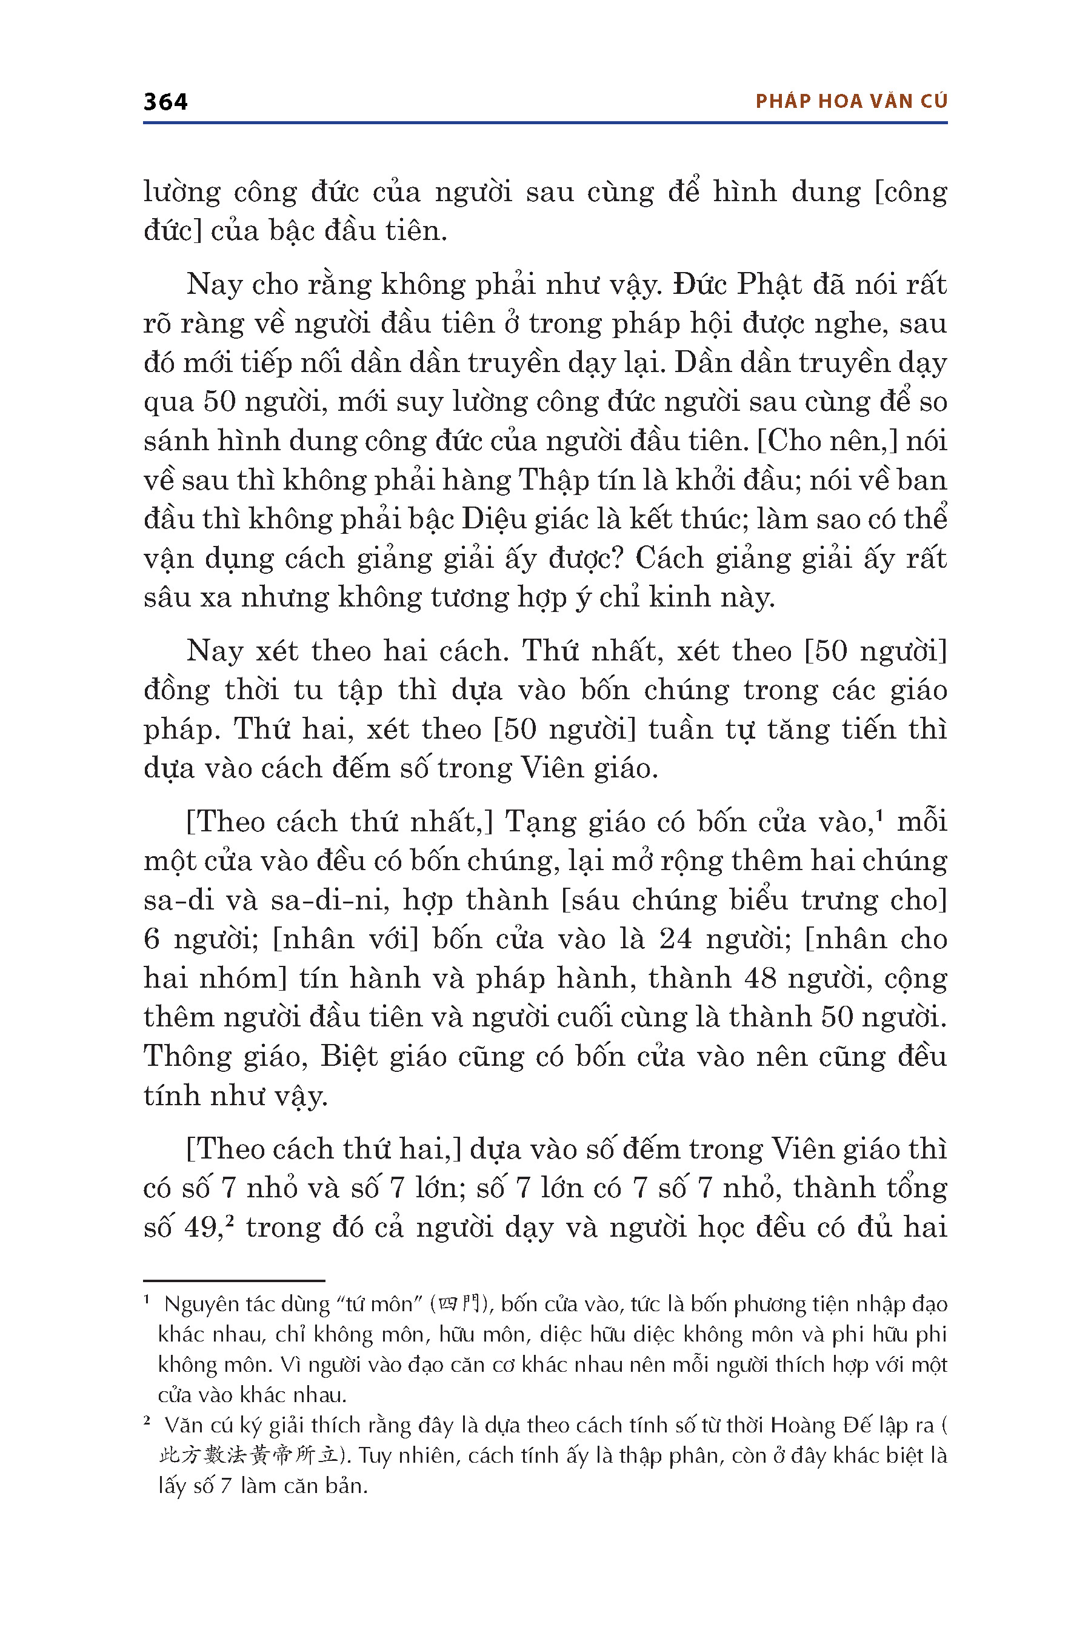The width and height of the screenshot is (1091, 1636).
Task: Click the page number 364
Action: point(165,102)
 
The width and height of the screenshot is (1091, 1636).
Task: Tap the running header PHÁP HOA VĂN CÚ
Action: point(851,102)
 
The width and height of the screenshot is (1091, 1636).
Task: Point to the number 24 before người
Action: point(675,939)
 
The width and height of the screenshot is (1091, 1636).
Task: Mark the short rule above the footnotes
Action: point(234,1280)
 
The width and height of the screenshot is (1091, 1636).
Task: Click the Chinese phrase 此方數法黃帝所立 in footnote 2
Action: point(248,1456)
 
